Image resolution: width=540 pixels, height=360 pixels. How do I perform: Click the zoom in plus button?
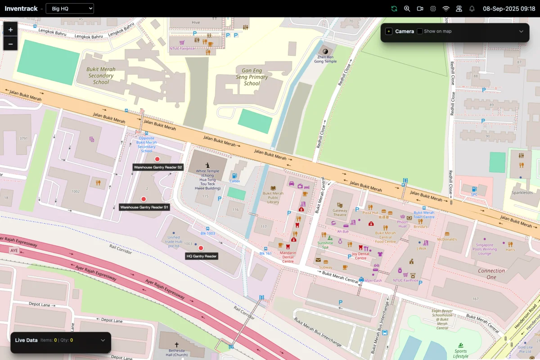tap(10, 30)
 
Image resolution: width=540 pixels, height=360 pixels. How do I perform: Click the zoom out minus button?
tap(10, 44)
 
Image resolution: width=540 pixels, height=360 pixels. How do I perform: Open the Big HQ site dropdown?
tap(70, 9)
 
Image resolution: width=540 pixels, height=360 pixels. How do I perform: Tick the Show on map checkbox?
tap(420, 31)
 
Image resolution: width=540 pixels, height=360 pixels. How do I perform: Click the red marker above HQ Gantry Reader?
tap(201, 248)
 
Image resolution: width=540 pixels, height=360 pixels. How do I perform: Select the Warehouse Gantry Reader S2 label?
tap(158, 167)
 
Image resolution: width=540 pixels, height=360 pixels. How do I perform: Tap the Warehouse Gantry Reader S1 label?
tap(144, 207)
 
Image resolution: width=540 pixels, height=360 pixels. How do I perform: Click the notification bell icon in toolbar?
tap(472, 9)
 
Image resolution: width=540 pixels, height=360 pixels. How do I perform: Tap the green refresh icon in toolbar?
tap(394, 9)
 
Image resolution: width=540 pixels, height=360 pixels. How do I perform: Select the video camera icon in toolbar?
tap(420, 9)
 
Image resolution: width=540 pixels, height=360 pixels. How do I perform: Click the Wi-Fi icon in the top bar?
tap(446, 9)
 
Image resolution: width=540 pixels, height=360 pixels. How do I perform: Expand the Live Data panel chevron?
tap(103, 340)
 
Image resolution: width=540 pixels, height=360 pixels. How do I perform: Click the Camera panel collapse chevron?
tap(521, 31)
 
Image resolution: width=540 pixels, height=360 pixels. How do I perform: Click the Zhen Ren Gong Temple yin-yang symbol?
tap(327, 52)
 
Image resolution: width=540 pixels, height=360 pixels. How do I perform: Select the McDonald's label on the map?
tap(447, 239)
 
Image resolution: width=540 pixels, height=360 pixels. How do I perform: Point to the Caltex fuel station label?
tap(234, 181)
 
